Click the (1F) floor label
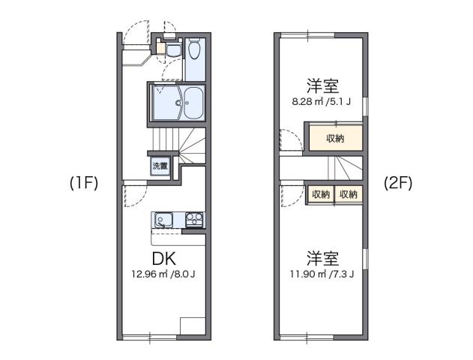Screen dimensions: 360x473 (x=85, y=182)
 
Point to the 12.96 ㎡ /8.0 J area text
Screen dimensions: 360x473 (x=163, y=274)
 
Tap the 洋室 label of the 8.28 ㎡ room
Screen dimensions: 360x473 (x=320, y=85)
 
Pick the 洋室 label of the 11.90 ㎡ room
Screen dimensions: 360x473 (x=322, y=258)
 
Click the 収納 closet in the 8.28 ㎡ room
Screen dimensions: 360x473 (x=334, y=138)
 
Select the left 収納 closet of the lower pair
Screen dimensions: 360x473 (x=320, y=194)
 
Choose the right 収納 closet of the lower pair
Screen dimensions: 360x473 (x=348, y=194)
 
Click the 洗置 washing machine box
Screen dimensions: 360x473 (x=160, y=166)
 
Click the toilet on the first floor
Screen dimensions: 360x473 (x=194, y=52)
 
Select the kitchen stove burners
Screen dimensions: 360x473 (x=194, y=220)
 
